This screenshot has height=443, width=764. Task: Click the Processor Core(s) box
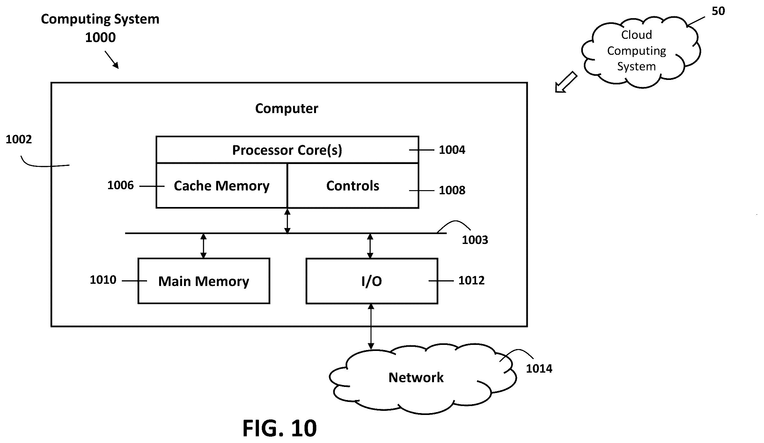(x=287, y=150)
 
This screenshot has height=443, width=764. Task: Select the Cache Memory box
(x=222, y=186)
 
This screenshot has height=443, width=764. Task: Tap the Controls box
(x=353, y=186)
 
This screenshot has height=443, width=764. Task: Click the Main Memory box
(x=204, y=281)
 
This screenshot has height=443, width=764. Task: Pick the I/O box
(x=372, y=281)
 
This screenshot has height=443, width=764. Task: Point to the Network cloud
(x=422, y=378)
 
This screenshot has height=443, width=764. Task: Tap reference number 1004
(x=452, y=150)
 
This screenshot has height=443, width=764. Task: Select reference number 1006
(x=120, y=185)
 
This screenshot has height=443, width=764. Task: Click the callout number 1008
(x=452, y=190)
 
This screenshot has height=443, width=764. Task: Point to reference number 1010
(x=103, y=280)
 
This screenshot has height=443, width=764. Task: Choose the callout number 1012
(x=471, y=280)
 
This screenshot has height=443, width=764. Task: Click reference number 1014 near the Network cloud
(x=539, y=368)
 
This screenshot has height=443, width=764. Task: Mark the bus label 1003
(x=475, y=240)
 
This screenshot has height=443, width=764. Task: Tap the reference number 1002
(x=19, y=139)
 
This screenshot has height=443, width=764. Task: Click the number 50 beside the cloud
(x=718, y=11)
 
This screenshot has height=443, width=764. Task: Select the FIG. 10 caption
(x=280, y=428)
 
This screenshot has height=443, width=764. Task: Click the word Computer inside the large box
(x=287, y=109)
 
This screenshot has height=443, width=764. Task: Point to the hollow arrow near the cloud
(x=566, y=82)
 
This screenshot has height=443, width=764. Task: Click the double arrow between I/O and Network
(x=371, y=326)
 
